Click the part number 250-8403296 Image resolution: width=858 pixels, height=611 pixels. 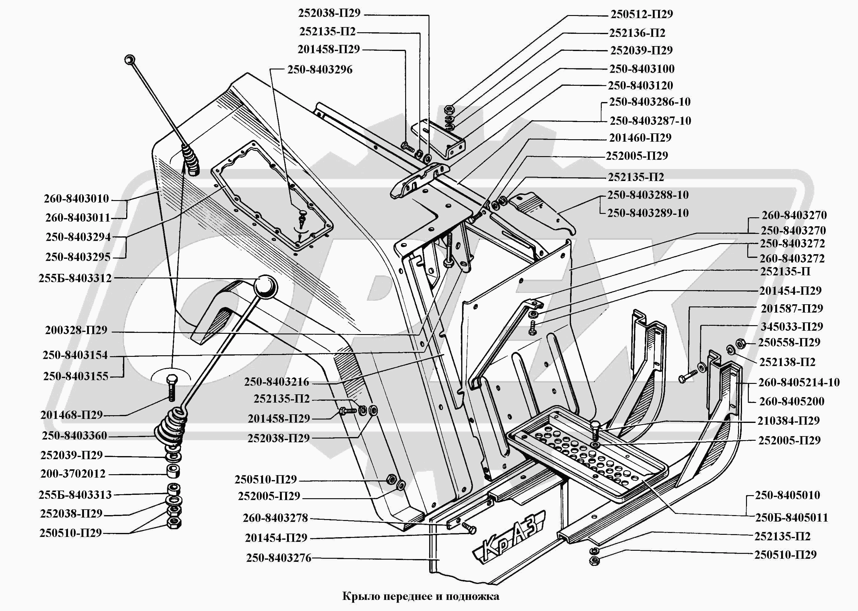click(x=320, y=69)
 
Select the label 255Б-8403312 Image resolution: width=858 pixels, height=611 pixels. click(x=75, y=278)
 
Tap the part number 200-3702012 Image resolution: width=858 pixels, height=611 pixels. click(x=73, y=474)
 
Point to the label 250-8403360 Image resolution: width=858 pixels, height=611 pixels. click(x=74, y=436)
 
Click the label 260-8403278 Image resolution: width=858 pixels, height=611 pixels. click(x=275, y=518)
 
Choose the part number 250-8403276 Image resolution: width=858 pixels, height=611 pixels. click(x=279, y=558)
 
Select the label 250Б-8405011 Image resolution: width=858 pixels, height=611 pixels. click(x=791, y=518)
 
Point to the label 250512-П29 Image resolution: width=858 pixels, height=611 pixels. click(x=641, y=14)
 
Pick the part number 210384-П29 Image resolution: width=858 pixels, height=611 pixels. click(x=788, y=421)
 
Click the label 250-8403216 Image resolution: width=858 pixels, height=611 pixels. click(x=276, y=382)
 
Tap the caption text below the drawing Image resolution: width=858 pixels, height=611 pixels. click(x=421, y=596)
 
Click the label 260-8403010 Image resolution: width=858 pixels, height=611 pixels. click(x=76, y=199)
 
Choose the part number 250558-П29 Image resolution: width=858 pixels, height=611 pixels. click(x=789, y=342)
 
